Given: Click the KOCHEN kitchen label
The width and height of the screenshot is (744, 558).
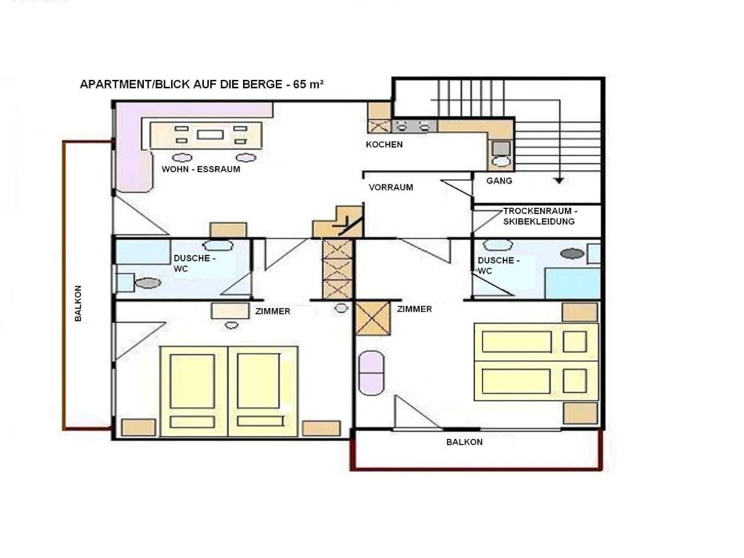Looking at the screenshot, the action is (384, 144).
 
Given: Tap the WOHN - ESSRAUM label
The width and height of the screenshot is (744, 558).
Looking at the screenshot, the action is (201, 169).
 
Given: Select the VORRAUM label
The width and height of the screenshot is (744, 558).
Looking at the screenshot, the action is (391, 187).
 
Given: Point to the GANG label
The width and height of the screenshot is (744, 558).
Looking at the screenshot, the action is (499, 181).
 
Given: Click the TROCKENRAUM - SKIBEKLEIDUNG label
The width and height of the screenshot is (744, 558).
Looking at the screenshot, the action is (540, 216).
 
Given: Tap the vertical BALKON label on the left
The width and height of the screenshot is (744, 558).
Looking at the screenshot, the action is (78, 303).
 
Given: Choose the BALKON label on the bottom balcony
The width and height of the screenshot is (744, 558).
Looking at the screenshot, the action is (464, 442).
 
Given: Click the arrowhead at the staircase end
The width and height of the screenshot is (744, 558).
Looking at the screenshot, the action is (559, 181).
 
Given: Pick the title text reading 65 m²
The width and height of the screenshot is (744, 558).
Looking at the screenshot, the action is (308, 84).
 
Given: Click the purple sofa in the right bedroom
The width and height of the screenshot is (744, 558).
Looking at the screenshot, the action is (371, 373).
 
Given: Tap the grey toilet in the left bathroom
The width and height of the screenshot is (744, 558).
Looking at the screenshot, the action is (148, 283).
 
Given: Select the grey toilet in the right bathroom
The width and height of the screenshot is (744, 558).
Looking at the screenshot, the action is (572, 254).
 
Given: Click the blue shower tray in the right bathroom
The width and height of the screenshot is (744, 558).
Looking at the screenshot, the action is (572, 283).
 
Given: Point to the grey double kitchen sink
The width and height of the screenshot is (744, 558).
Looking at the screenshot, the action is (414, 126).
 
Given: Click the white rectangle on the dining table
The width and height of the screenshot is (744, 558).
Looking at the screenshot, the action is (210, 135).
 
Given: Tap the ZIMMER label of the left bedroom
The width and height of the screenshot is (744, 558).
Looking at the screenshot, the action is (273, 311).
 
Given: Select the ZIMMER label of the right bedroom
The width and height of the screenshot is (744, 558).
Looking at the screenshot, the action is (414, 309).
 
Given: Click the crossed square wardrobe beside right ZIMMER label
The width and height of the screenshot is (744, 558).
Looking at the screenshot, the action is (372, 319).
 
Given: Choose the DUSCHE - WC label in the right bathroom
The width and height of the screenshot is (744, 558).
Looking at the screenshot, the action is (498, 265).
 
